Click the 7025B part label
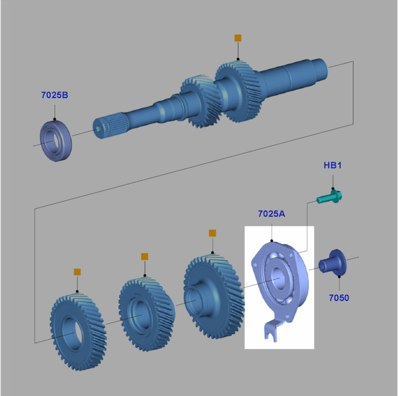(x=55, y=95)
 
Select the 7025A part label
(x=272, y=214)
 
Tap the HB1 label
(x=333, y=165)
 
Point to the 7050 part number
(x=339, y=297)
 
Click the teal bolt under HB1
(x=329, y=197)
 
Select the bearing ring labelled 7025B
(x=56, y=141)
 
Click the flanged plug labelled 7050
(x=333, y=263)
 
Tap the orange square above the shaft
(x=238, y=38)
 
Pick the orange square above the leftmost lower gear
(x=77, y=272)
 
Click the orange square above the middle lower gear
(x=144, y=256)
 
